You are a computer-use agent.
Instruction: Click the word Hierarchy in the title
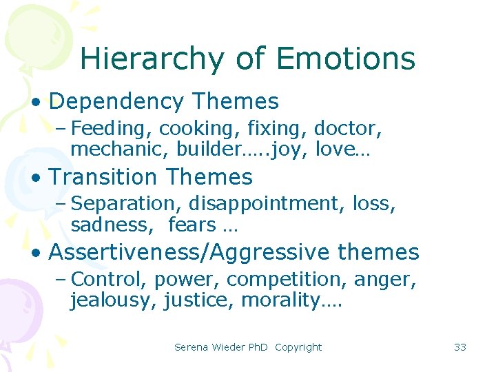point(150,59)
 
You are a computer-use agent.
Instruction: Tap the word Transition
point(103,178)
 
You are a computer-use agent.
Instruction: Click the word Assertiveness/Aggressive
point(189,253)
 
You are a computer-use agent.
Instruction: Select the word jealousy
point(114,300)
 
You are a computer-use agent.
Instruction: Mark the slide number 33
point(460,347)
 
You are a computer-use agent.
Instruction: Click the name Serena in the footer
point(191,347)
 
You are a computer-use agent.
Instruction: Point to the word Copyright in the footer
point(298,347)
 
